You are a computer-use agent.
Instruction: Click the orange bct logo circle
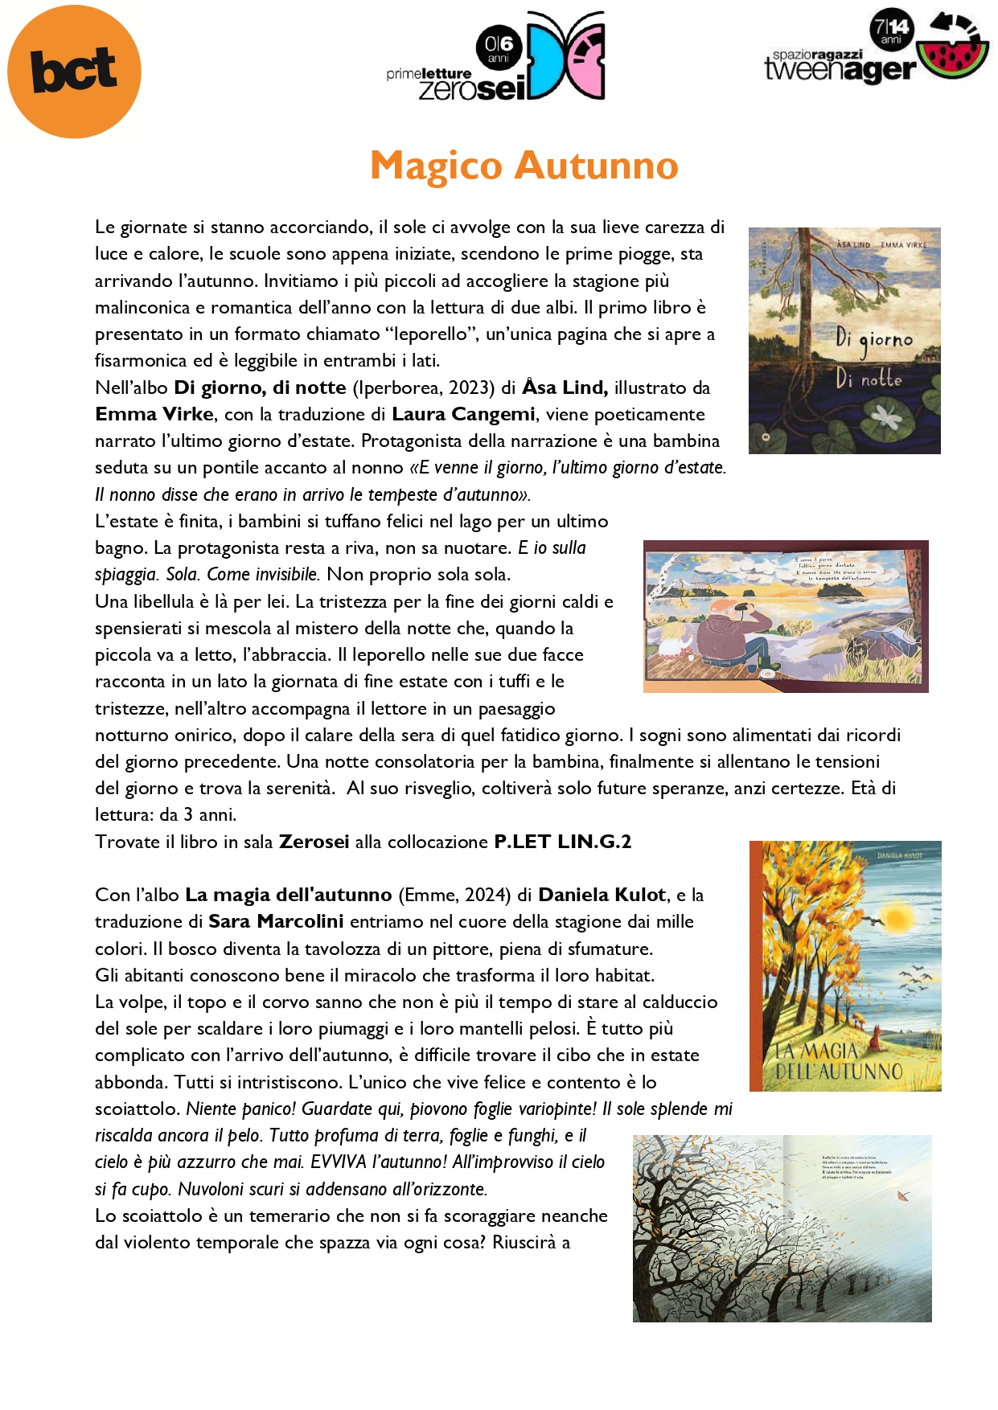[x=74, y=72]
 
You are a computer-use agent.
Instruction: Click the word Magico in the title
[x=436, y=166]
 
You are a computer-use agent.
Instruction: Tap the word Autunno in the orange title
[x=597, y=166]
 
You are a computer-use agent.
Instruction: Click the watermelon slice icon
[x=954, y=58]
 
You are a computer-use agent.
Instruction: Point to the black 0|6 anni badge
[x=499, y=47]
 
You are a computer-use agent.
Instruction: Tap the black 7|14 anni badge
[x=891, y=30]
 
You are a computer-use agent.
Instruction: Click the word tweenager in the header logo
[x=840, y=71]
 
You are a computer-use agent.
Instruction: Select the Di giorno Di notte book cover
[x=844, y=341]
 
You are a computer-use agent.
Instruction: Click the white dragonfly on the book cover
[x=887, y=416]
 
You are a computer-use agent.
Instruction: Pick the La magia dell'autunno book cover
[x=845, y=965]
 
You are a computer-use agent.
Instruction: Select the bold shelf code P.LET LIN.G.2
[x=562, y=842]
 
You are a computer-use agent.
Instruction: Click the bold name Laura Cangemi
[x=463, y=414]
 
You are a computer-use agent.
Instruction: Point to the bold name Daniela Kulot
[x=602, y=895]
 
